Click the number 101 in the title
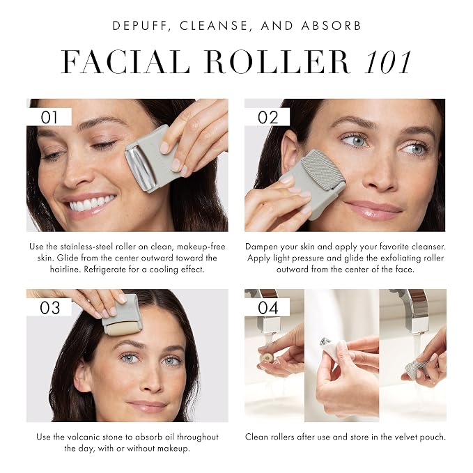[387, 63]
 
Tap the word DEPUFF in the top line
[139, 26]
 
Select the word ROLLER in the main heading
[277, 62]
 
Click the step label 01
[49, 117]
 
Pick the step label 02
[268, 117]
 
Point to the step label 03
[49, 308]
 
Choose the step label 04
[268, 308]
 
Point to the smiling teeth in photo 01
[93, 203]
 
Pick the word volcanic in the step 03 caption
[80, 437]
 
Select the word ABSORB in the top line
[332, 26]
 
